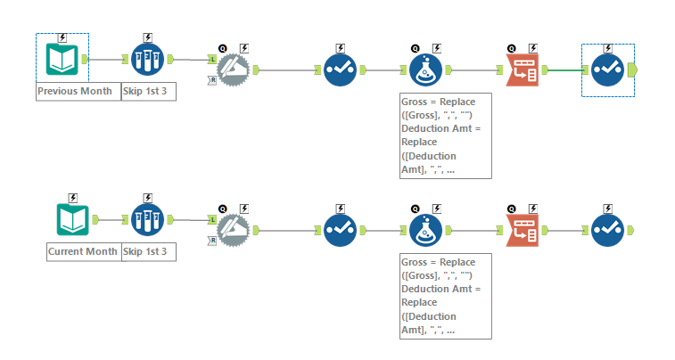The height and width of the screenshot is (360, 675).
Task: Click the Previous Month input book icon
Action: (62, 60)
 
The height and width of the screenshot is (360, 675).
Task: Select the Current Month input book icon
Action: (74, 220)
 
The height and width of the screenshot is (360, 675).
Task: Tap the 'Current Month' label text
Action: (83, 252)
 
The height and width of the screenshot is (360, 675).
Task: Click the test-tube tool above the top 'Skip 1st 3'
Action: (148, 60)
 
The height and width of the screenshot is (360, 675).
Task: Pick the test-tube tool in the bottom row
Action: (148, 220)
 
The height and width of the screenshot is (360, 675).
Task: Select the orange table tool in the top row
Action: (523, 69)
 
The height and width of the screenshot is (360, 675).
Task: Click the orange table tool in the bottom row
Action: (523, 229)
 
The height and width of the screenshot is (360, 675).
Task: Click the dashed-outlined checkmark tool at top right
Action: (608, 69)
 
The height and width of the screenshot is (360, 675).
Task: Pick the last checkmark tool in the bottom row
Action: (608, 229)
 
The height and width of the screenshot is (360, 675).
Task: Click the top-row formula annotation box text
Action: (446, 134)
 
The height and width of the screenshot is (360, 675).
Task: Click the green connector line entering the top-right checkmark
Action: (564, 69)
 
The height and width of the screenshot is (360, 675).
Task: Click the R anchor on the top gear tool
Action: (211, 79)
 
